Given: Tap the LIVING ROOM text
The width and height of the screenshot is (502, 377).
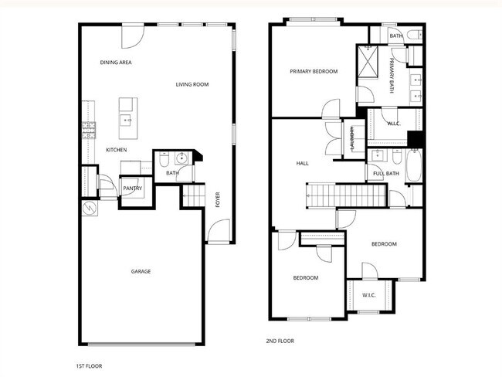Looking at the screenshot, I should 192,84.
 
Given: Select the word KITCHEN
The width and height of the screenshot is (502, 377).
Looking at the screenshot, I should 117,150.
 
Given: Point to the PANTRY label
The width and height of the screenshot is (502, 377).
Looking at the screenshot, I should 132,188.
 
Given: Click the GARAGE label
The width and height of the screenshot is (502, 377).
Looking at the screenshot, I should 141,271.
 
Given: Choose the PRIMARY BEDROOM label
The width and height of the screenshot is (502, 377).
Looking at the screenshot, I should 314,72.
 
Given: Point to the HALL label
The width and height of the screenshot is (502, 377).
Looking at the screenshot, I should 303,164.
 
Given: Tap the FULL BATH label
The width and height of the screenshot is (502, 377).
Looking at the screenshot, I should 386,173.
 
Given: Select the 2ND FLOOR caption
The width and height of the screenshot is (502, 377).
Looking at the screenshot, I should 280,341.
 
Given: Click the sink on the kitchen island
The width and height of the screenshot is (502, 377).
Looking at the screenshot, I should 125,120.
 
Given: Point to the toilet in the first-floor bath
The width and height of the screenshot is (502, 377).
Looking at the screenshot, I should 165,161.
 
